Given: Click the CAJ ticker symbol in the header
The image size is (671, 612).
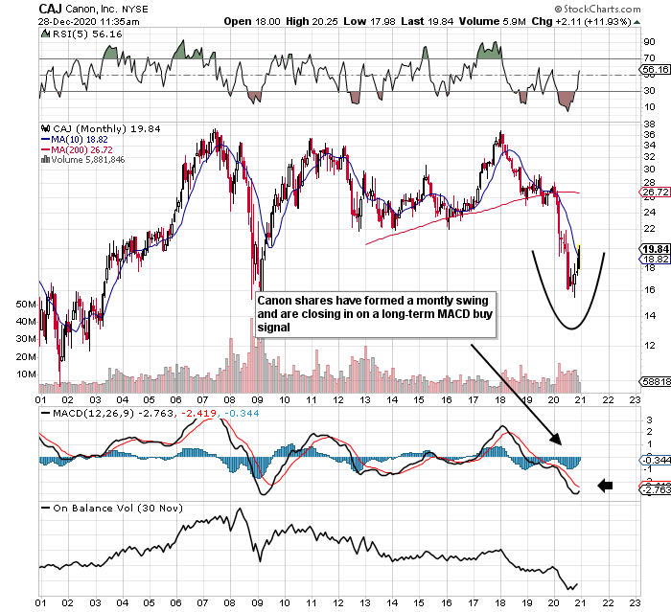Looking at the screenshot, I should (51, 9).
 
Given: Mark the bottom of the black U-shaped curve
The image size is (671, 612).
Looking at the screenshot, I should (568, 329).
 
